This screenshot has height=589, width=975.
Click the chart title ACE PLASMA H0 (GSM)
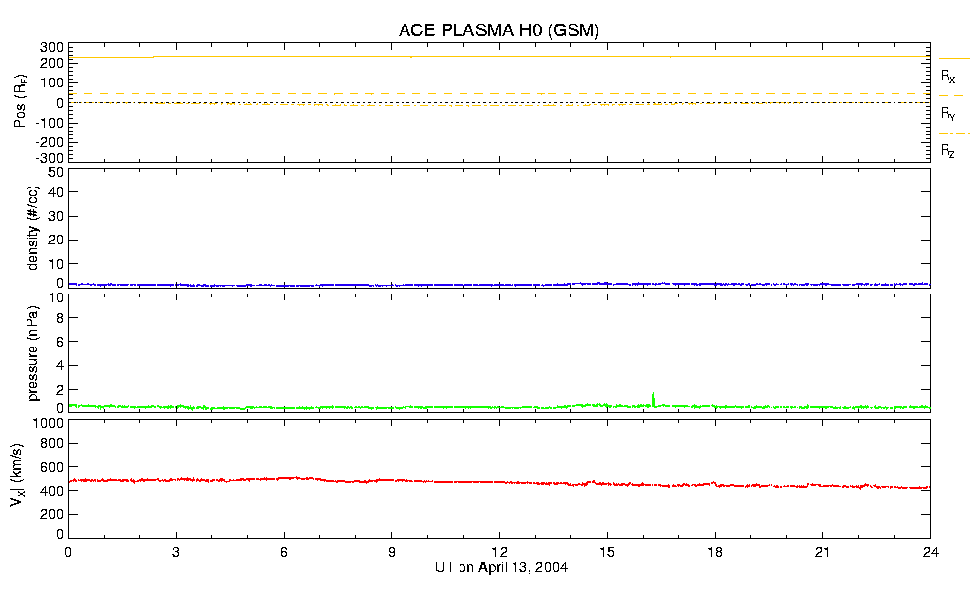499,30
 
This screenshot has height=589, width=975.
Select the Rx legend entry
948,76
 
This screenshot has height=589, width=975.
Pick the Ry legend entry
948,114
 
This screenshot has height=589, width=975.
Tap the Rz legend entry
948,151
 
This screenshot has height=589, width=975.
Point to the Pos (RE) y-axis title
20,102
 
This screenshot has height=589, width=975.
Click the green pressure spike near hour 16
653,397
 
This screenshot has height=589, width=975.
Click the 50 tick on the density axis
57,172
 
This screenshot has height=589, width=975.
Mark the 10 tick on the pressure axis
57,318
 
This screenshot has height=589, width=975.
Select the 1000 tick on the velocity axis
50,424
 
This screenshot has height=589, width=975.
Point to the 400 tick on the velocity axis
53,491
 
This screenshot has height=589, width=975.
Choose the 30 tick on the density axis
57,217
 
